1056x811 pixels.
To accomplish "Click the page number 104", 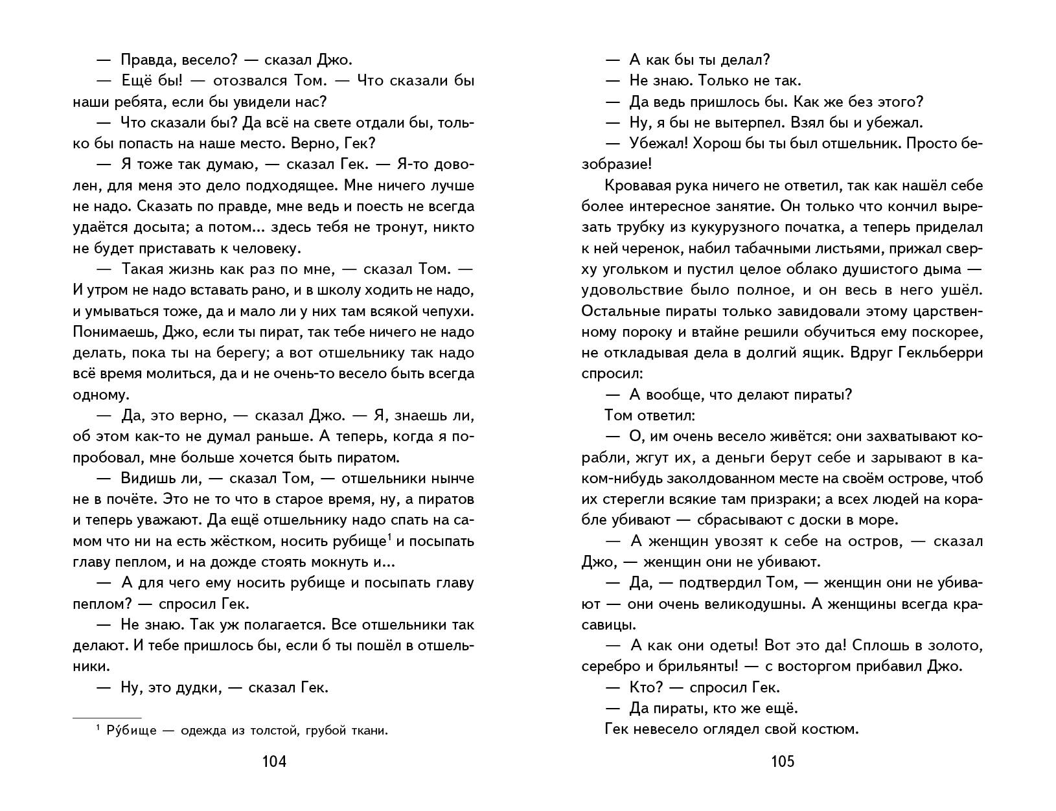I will coord(273,761).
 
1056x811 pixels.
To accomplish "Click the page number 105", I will coord(782,761).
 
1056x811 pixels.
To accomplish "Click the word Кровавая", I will coord(635,186).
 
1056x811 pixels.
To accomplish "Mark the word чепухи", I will coord(445,311).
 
